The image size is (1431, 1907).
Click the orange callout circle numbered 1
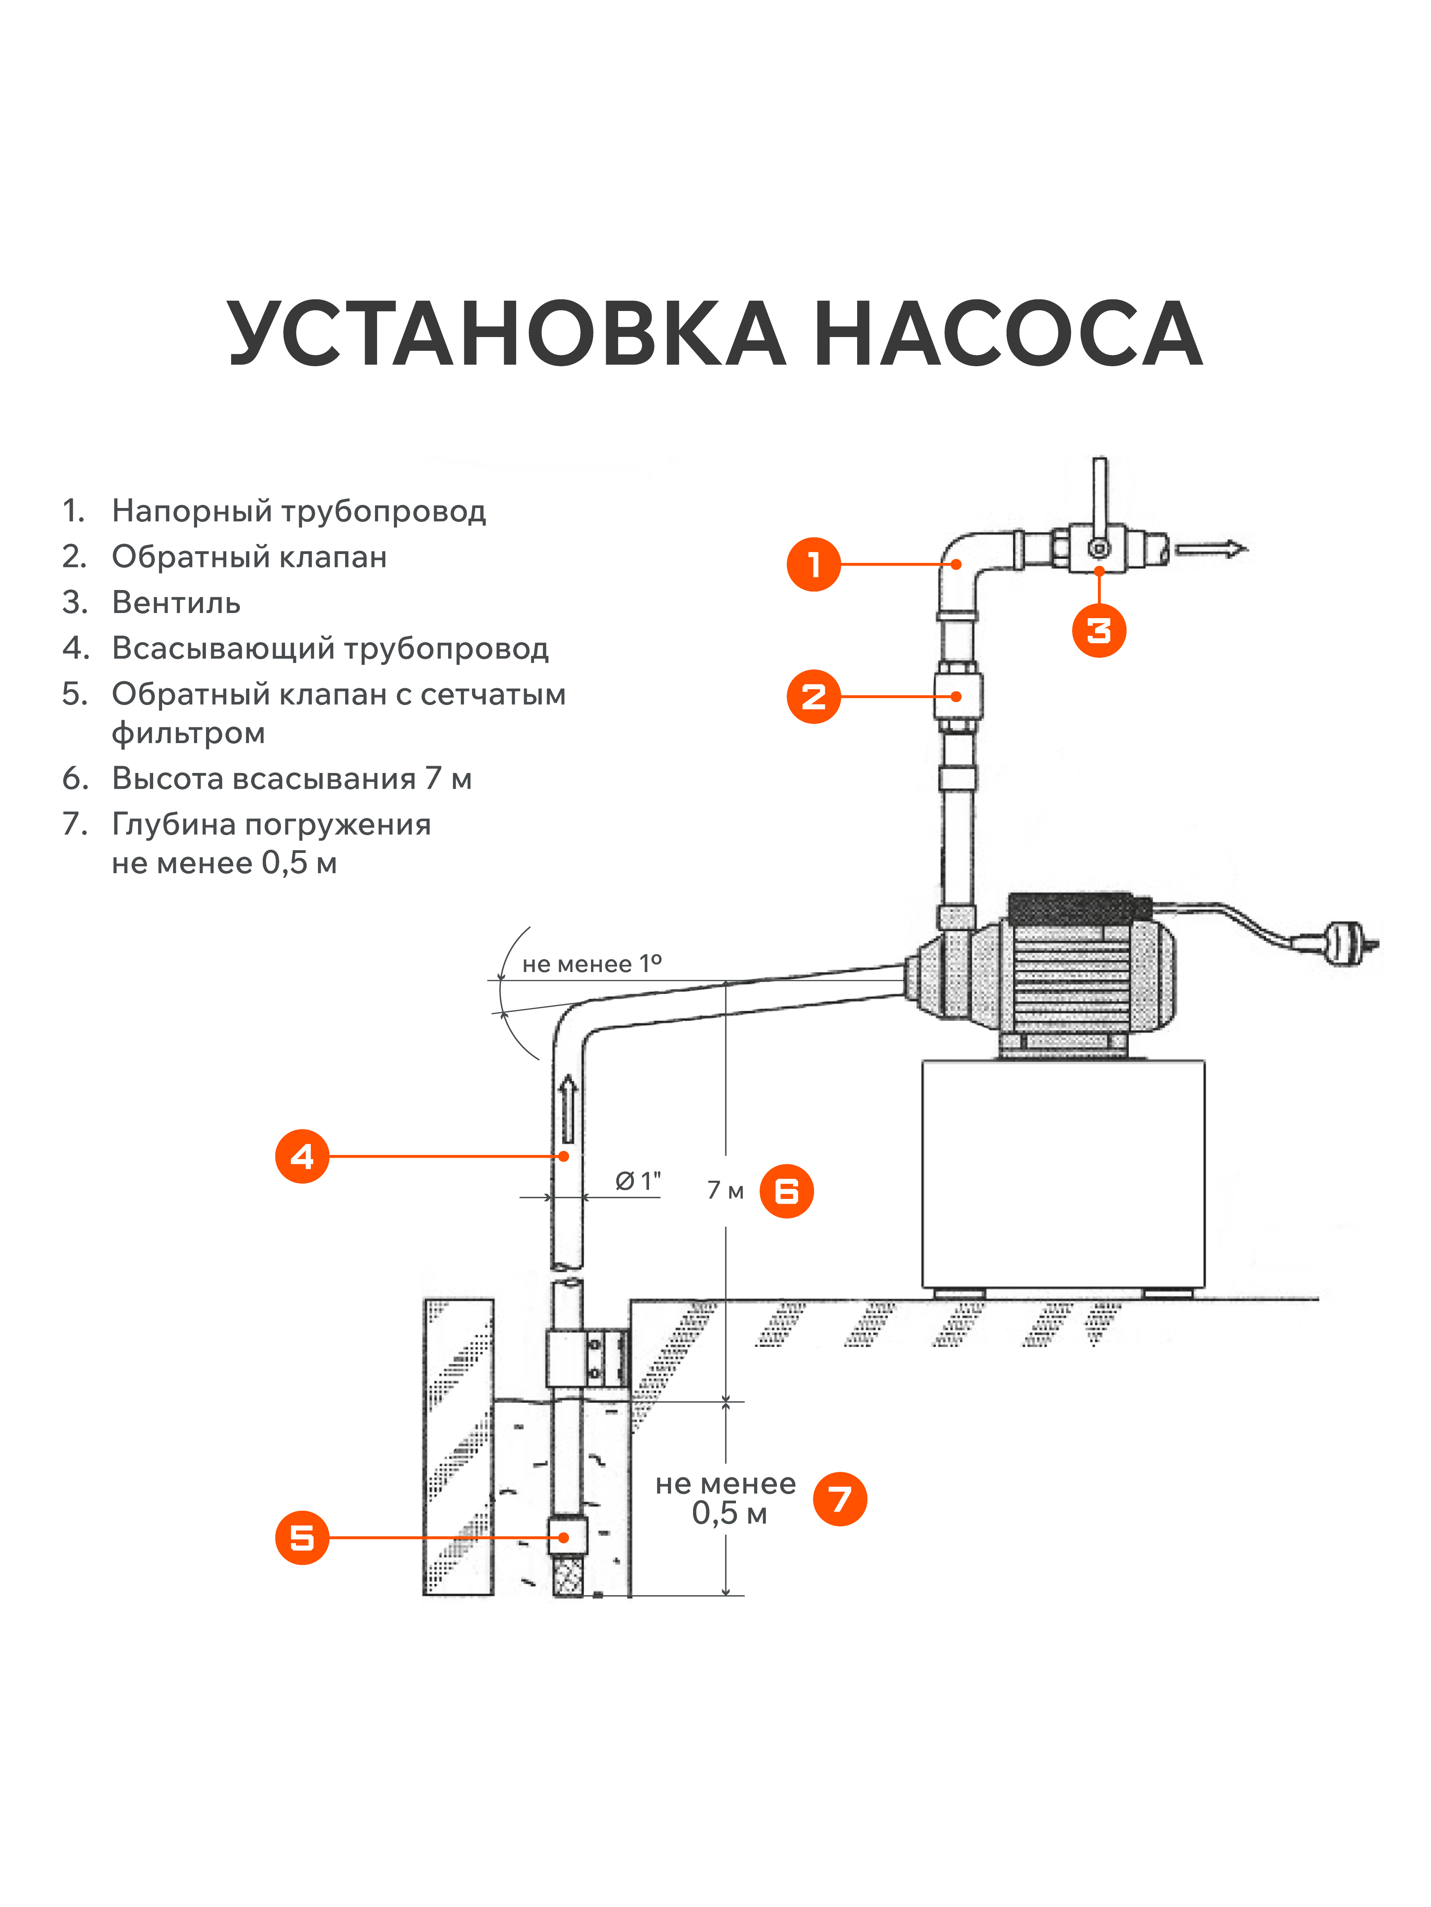(814, 565)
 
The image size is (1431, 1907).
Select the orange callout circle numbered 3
(1099, 630)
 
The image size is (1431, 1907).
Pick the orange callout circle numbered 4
(302, 1156)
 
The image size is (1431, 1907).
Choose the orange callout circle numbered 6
(786, 1191)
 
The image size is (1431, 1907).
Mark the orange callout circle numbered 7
(839, 1499)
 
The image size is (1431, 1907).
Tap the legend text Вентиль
(176, 603)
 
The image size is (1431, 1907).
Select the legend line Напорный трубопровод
(298, 511)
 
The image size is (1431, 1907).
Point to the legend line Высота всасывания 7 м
(292, 778)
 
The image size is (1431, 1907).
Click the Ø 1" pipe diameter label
(638, 1181)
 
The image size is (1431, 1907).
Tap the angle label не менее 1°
(592, 964)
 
